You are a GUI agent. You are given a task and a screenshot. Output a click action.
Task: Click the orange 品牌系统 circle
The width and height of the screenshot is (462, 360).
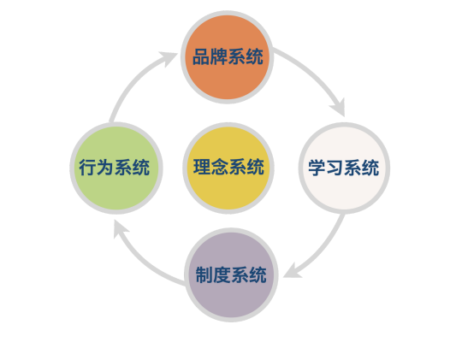point(228,57)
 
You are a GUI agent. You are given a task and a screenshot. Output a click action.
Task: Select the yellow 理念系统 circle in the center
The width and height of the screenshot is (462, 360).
point(228,168)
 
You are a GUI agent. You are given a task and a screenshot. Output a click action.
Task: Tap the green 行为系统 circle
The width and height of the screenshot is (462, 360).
point(116,168)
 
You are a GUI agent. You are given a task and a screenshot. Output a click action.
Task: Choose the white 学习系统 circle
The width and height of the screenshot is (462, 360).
point(344,168)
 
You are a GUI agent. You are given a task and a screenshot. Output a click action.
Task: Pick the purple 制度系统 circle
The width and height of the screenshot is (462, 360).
point(231,274)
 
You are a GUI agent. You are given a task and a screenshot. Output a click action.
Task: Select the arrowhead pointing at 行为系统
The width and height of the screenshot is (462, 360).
point(121,228)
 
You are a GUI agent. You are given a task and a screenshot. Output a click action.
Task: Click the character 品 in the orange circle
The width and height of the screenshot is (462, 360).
point(201,56)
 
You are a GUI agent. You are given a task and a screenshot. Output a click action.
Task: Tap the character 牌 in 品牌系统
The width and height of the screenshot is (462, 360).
point(219,56)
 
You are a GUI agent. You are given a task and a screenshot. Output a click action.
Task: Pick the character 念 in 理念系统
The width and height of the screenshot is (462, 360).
point(220,167)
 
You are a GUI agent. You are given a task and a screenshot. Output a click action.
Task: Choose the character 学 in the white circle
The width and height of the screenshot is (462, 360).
point(317,168)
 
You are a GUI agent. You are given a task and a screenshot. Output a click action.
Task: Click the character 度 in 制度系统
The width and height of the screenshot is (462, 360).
point(222,274)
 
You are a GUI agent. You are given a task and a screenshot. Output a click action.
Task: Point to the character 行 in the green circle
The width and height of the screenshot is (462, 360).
point(88,168)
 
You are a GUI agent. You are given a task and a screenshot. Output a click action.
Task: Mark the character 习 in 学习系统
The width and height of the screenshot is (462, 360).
point(335,168)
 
